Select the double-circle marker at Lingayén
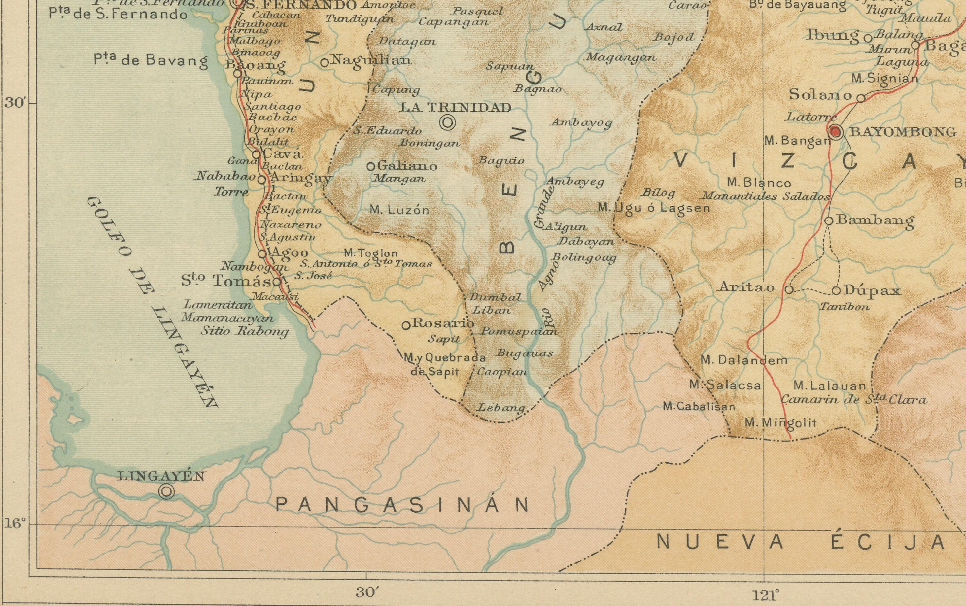pos(167,491)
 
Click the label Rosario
pos(443,323)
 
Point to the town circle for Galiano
pos(371,166)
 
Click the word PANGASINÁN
pos(402,505)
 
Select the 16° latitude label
pos(15,523)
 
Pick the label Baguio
pos(501,161)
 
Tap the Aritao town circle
pos(789,289)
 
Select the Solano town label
pos(820,95)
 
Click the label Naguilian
pos(371,60)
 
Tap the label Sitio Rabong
pos(245,331)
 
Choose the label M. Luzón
pos(399,210)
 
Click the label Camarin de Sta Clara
pos(854,400)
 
